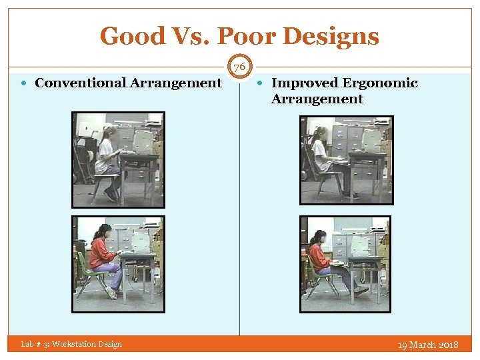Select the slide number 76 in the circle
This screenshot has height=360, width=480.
tap(240, 67)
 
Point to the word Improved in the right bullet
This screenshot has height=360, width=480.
tap(304, 83)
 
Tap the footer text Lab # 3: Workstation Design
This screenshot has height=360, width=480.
tap(71, 344)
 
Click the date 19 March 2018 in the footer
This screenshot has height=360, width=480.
tap(428, 345)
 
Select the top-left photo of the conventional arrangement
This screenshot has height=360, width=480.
tap(118, 159)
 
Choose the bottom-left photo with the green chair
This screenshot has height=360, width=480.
tap(118, 263)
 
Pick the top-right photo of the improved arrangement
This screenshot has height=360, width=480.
tap(347, 159)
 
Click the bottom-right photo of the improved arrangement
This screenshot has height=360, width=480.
tap(345, 263)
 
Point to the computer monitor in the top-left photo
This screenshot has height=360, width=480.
tap(143, 141)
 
